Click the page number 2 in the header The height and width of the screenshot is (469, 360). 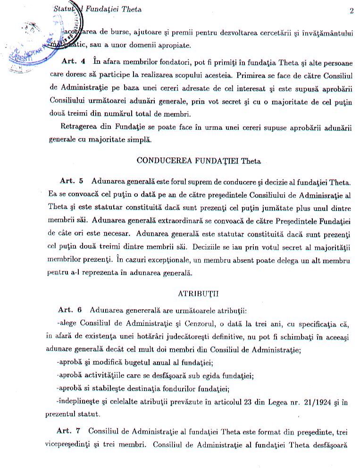pyautogui.click(x=352, y=10)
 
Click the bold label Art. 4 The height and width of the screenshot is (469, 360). pyautogui.click(x=73, y=61)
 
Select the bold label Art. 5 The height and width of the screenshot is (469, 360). pyautogui.click(x=72, y=181)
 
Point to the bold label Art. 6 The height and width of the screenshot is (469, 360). pyautogui.click(x=70, y=310)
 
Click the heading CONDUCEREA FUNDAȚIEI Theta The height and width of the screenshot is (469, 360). pyautogui.click(x=198, y=160)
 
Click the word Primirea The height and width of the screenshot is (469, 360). pyautogui.click(x=253, y=74)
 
